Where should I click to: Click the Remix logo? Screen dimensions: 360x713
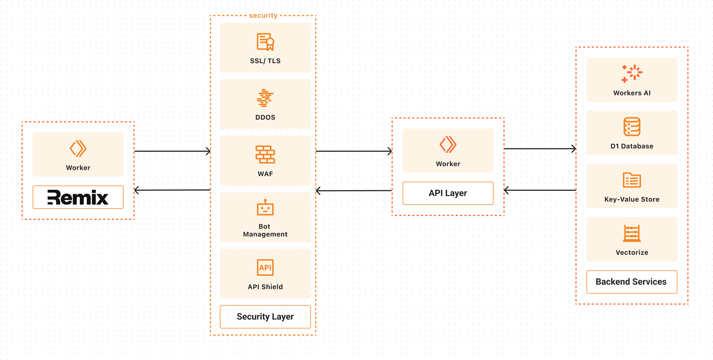(78, 197)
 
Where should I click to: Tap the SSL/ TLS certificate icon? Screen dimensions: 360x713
(265, 42)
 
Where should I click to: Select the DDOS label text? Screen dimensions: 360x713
(265, 117)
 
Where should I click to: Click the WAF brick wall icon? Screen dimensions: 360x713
(265, 154)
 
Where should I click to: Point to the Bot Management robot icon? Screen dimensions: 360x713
(265, 208)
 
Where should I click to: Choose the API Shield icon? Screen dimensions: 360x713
(265, 267)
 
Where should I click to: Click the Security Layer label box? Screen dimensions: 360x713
(265, 317)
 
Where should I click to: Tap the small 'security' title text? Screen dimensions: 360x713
(263, 16)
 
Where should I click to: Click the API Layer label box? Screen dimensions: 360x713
(448, 193)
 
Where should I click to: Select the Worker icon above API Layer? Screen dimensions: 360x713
(448, 144)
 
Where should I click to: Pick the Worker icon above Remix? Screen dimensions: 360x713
(78, 148)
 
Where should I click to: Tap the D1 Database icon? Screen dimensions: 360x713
(632, 127)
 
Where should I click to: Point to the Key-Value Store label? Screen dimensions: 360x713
(632, 199)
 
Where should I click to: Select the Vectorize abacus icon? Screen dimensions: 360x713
(632, 233)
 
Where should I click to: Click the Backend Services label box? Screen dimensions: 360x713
(632, 282)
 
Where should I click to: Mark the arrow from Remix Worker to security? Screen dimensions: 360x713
(172, 151)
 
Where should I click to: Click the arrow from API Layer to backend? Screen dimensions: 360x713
(540, 149)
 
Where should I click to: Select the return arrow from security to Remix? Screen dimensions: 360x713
(172, 190)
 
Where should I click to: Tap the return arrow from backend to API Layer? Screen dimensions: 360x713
(540, 190)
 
